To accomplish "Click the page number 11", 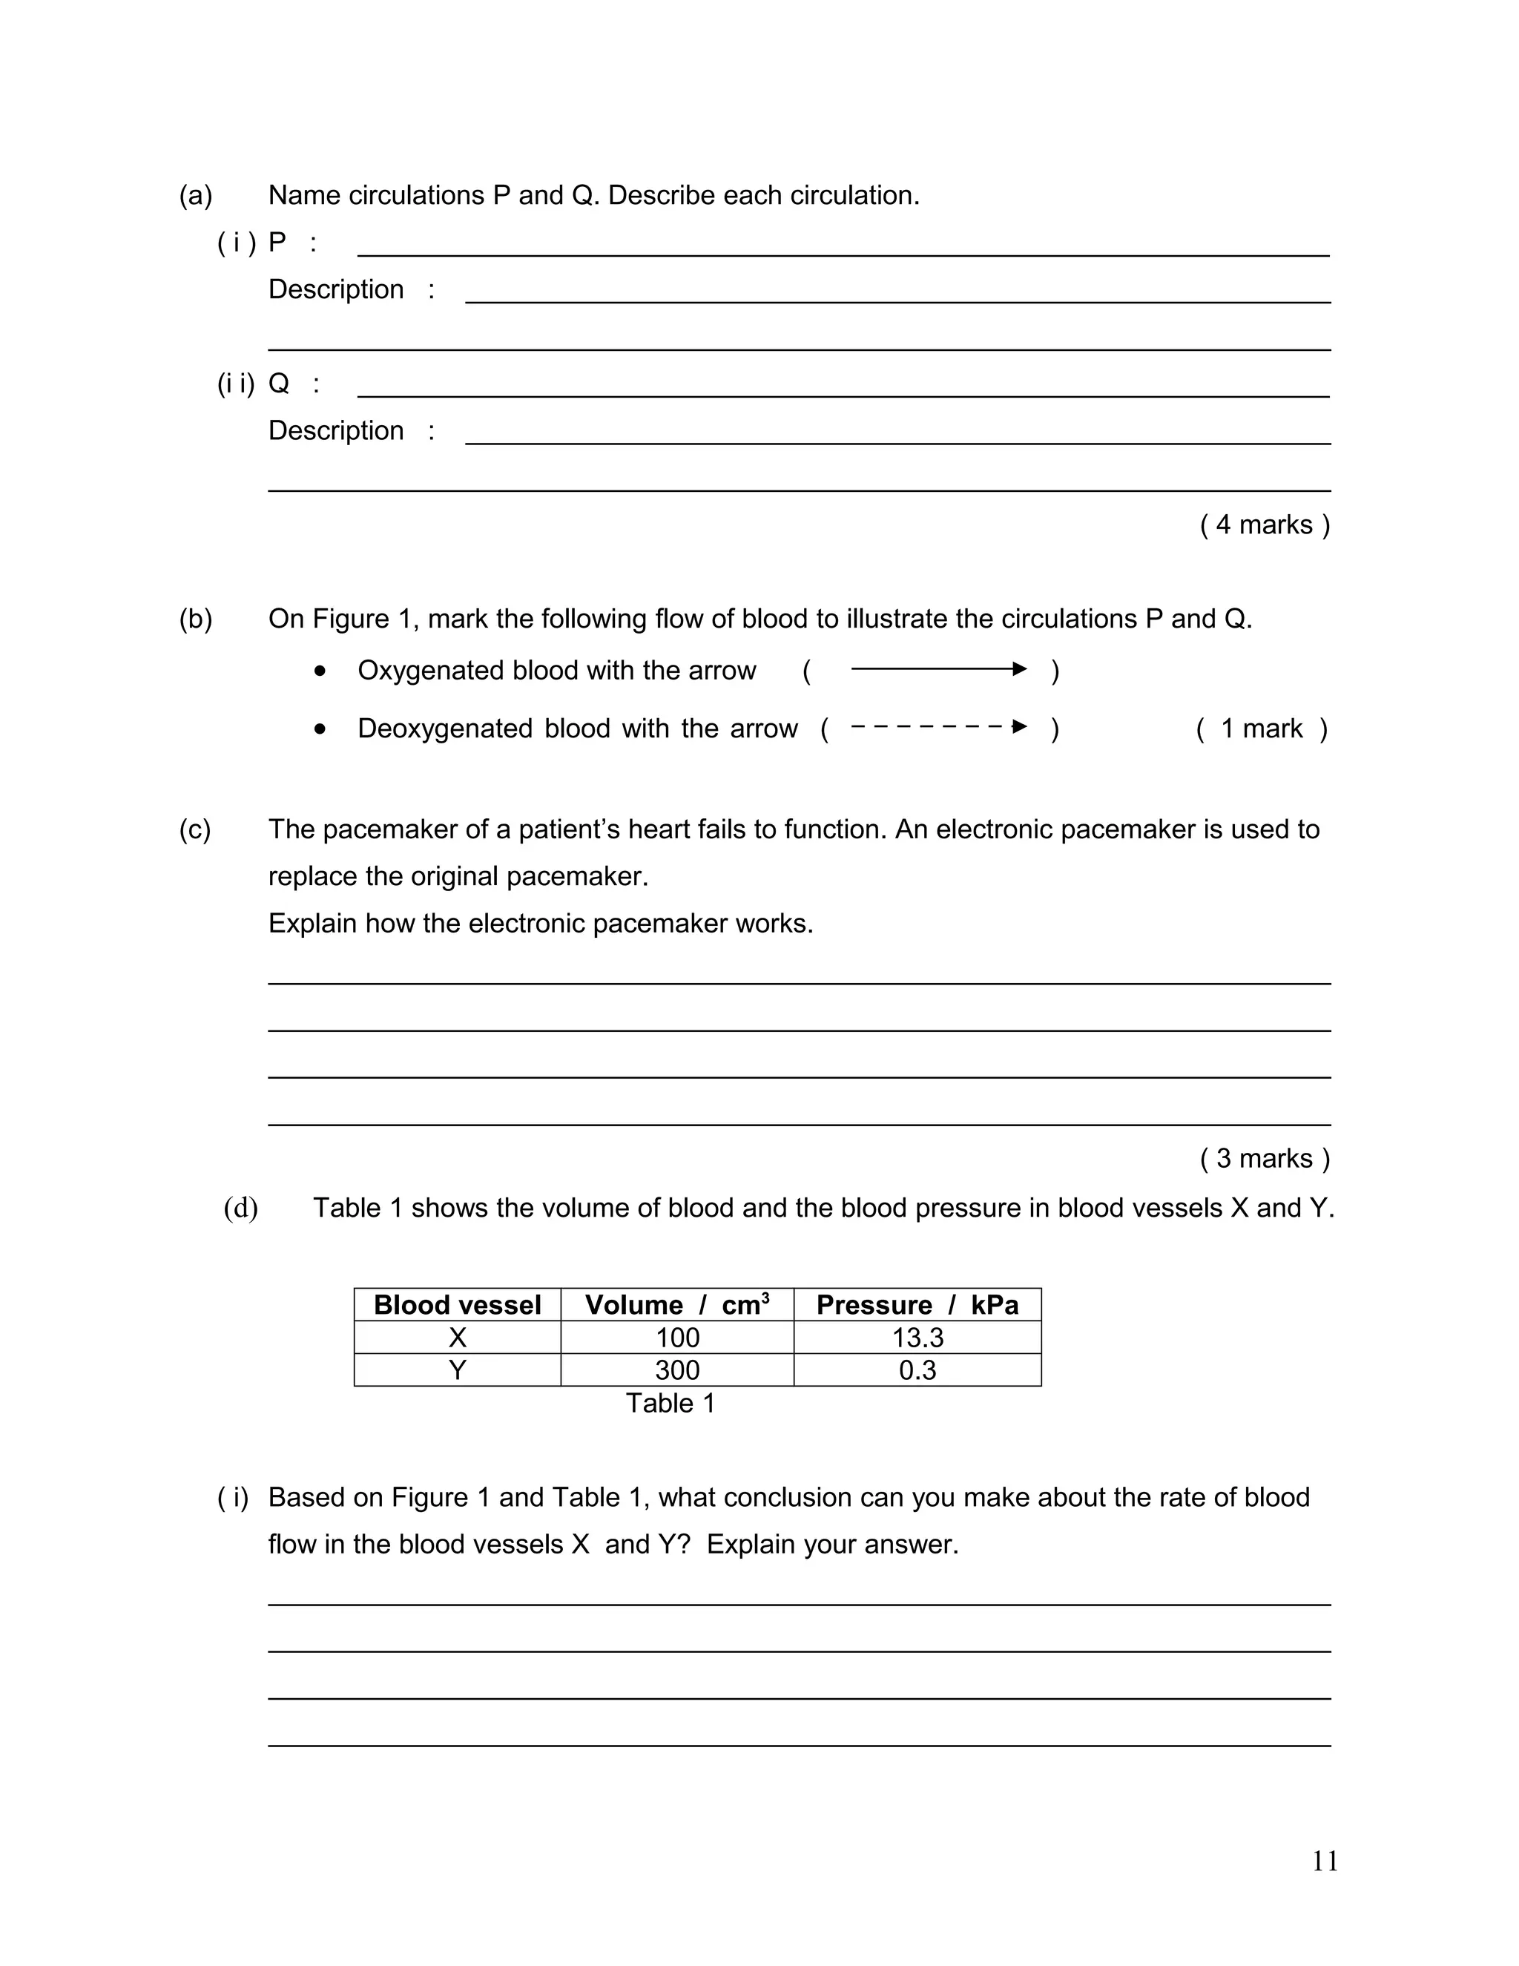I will point(1325,1861).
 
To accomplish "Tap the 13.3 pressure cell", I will point(917,1338).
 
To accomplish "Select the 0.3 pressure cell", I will point(917,1370).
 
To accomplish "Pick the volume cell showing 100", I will point(676,1338).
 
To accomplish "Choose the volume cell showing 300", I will point(676,1370).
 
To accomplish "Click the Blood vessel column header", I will point(457,1305).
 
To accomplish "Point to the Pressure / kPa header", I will point(917,1305).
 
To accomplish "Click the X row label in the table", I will point(457,1338).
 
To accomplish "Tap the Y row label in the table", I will point(457,1370).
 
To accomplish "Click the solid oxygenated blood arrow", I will point(938,669).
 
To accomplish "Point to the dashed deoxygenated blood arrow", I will point(938,726).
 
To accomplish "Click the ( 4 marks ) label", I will point(1265,525).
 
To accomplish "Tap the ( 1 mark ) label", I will point(1262,729).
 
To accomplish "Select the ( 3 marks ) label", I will point(1265,1159).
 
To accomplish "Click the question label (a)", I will point(195,195).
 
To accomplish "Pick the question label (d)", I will point(240,1208).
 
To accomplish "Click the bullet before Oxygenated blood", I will point(320,671).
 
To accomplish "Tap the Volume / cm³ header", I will point(676,1305).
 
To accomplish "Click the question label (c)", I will point(195,829).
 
